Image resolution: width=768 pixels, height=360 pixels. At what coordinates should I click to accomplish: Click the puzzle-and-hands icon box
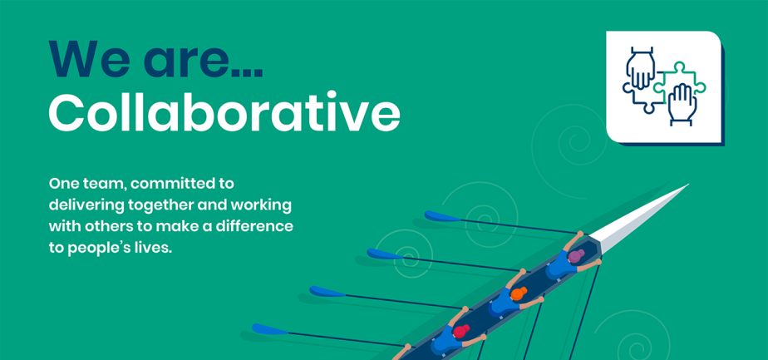point(663,87)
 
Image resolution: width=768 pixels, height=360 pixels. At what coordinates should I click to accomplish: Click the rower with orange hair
point(516,295)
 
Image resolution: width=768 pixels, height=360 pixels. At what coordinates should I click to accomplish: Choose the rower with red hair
point(460,333)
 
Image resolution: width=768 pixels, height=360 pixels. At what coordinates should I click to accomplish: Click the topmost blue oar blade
point(442,217)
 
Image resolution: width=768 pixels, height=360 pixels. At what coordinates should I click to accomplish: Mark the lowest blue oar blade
point(269,330)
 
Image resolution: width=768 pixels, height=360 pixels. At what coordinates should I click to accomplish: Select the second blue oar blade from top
point(384,254)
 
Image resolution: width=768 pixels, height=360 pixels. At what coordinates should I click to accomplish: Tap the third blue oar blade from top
point(327,292)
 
